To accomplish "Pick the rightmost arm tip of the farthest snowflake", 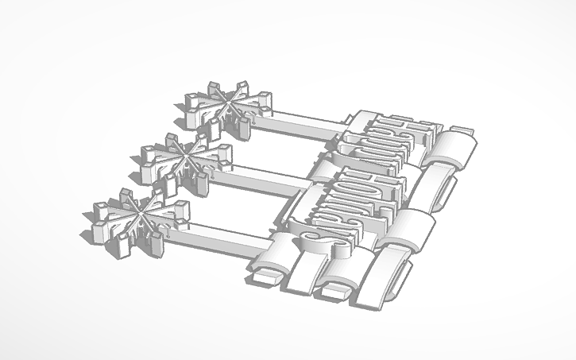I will click(x=267, y=99).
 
